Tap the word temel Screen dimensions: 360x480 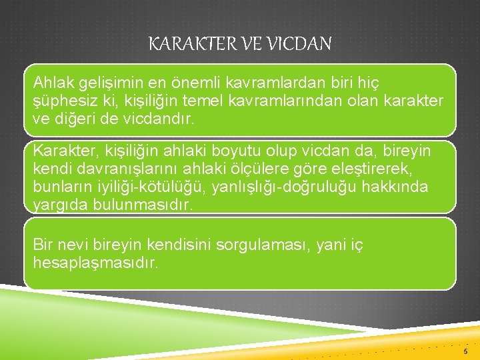click(206, 101)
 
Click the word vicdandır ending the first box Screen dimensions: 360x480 click(143, 120)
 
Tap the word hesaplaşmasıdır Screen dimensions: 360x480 click(96, 263)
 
